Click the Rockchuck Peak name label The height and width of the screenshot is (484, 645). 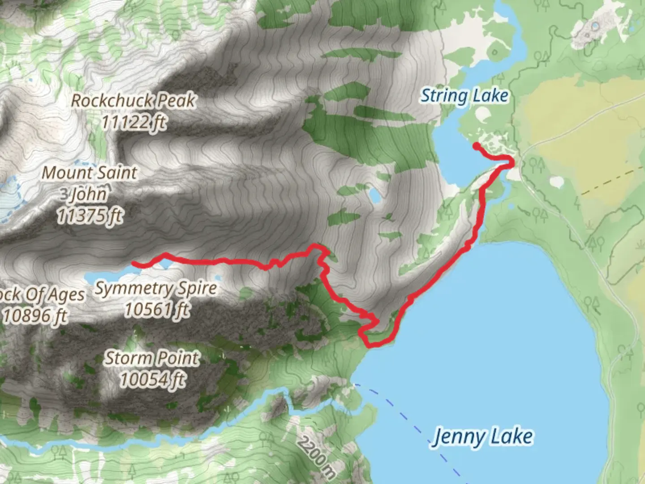click(133, 100)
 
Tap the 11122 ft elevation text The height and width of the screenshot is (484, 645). click(133, 121)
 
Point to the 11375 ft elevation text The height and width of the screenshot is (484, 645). click(90, 216)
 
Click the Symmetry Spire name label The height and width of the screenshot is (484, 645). click(155, 288)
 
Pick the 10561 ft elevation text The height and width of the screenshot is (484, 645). click(156, 309)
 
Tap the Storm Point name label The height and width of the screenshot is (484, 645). click(152, 358)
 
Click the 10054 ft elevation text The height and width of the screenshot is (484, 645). click(152, 379)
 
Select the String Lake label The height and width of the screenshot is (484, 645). click(464, 95)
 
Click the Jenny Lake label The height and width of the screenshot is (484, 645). click(483, 436)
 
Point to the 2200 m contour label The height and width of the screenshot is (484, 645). click(316, 451)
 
